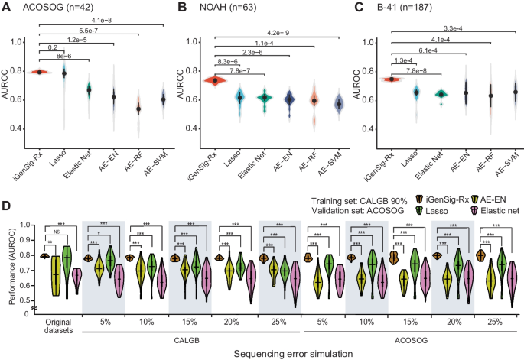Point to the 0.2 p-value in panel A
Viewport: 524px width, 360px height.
pos(54,47)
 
